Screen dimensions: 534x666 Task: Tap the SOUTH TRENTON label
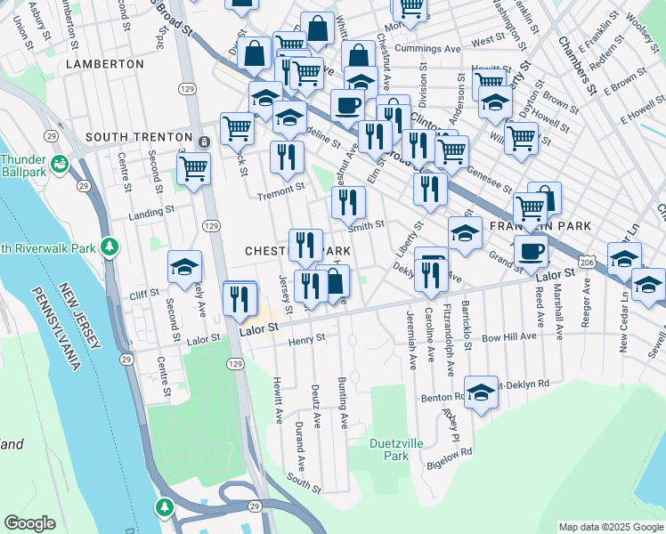138,138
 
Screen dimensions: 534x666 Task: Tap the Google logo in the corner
30,523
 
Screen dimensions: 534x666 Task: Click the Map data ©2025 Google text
610,527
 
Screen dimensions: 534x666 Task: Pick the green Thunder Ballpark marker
60,164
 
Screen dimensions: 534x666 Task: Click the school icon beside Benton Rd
481,392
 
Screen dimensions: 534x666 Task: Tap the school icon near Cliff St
185,267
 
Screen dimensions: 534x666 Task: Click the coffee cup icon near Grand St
532,251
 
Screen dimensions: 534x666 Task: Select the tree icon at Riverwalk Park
110,246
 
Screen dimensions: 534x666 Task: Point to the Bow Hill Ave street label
509,336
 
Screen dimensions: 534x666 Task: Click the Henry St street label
307,338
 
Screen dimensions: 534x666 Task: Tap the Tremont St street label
280,188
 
